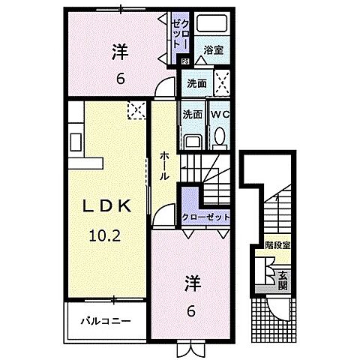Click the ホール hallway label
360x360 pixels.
(163, 165)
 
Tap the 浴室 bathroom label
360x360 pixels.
(212, 51)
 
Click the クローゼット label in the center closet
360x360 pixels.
(203, 216)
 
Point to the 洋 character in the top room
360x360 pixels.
(120, 52)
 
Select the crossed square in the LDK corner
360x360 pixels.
(135, 112)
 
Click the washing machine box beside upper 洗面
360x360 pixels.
(221, 82)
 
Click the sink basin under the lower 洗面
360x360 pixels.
(192, 141)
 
